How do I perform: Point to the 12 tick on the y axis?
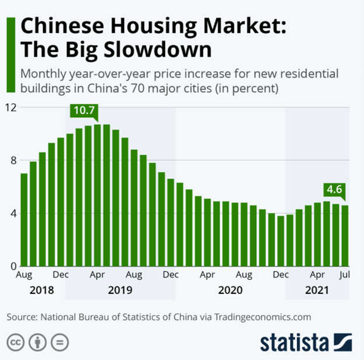[11, 107]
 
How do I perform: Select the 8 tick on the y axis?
[13, 160]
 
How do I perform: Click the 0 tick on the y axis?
[13, 267]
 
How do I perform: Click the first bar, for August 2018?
[24, 220]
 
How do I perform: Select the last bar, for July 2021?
[345, 236]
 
